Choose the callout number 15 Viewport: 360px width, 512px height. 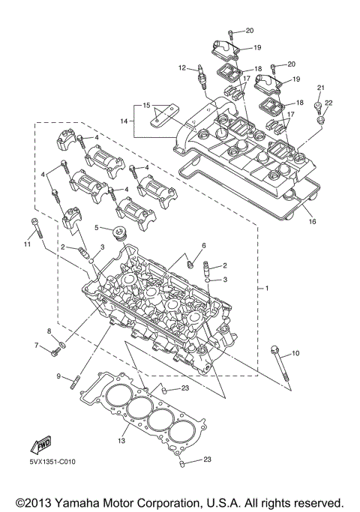(147, 104)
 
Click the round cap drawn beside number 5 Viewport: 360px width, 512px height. (119, 234)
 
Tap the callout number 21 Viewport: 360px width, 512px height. (320, 88)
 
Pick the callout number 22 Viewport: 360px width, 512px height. (328, 103)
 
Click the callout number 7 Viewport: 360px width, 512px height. (35, 345)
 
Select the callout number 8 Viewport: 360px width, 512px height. (49, 331)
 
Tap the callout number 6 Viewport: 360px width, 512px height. (202, 246)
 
